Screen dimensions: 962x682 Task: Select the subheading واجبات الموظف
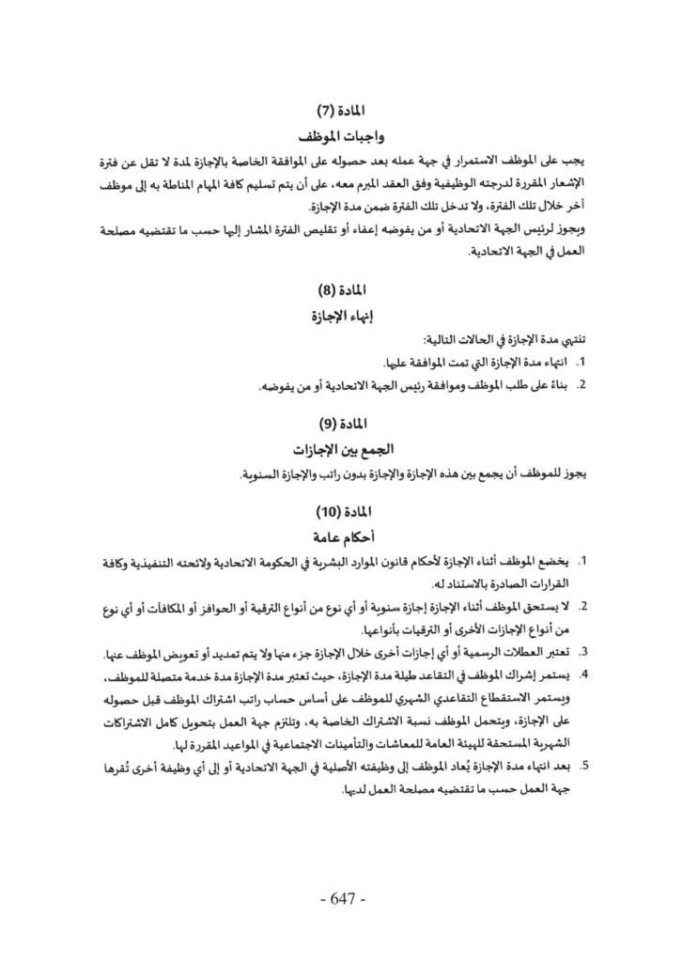(x=341, y=133)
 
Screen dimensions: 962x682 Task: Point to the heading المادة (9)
(x=341, y=423)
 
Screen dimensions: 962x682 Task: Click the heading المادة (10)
(x=341, y=512)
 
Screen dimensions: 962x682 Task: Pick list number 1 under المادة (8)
(x=581, y=363)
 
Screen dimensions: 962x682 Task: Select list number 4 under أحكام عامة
(x=581, y=675)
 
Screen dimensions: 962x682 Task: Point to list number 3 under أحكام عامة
(x=581, y=650)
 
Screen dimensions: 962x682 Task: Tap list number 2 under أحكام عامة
(x=581, y=606)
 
